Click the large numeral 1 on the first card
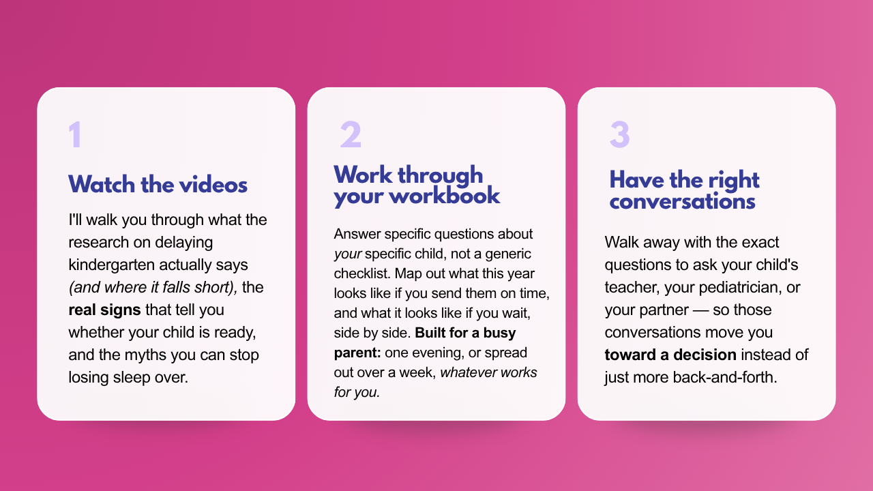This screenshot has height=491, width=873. (x=75, y=134)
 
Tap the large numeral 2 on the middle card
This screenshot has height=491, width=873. (x=351, y=134)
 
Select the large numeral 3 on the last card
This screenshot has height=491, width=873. (x=620, y=134)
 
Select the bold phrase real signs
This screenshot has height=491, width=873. (x=104, y=310)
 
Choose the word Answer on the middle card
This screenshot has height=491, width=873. (x=357, y=234)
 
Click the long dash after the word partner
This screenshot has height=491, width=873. (x=700, y=310)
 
